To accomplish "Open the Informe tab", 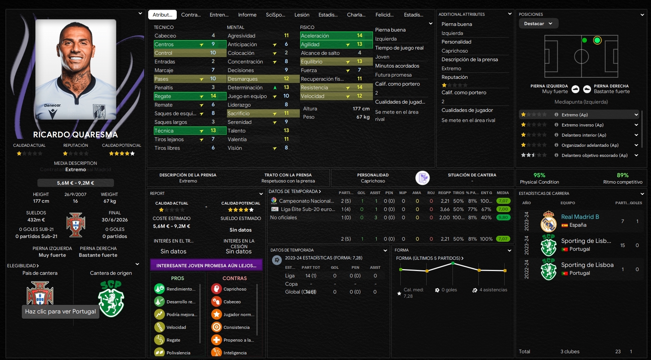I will pyautogui.click(x=247, y=15).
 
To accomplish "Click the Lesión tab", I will pyautogui.click(x=302, y=15).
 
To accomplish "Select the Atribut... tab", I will pyautogui.click(x=162, y=15).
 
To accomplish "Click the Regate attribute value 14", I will pyautogui.click(x=213, y=96).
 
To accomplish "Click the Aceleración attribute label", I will pyautogui.click(x=315, y=36).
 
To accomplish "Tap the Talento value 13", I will pyautogui.click(x=286, y=131).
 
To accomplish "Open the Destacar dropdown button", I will pyautogui.click(x=538, y=24).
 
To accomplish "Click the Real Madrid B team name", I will pyautogui.click(x=580, y=217).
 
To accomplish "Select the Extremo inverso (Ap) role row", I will pyautogui.click(x=582, y=125).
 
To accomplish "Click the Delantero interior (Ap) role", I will pyautogui.click(x=583, y=135).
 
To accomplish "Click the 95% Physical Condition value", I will pyautogui.click(x=539, y=175).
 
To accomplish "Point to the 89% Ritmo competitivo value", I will pyautogui.click(x=622, y=175).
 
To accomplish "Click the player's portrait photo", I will pyautogui.click(x=75, y=69).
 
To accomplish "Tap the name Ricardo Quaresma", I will pyautogui.click(x=75, y=135).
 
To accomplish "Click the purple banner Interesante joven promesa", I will pyautogui.click(x=206, y=265).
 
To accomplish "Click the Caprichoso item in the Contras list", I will pyautogui.click(x=235, y=289).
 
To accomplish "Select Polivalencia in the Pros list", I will pyautogui.click(x=178, y=353).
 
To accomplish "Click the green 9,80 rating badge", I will pyautogui.click(x=503, y=217).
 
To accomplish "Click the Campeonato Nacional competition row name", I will pyautogui.click(x=306, y=201).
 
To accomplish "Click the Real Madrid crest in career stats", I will pyautogui.click(x=548, y=221).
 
